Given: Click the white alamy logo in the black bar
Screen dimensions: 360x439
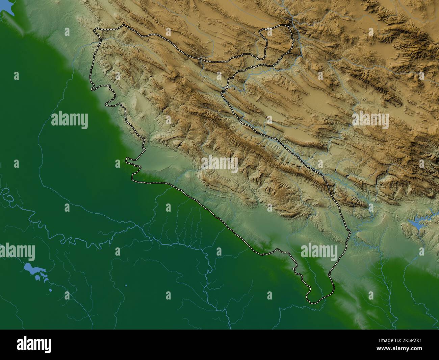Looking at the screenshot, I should [x=34, y=344].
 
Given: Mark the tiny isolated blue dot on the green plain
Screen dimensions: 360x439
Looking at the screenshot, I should [x=126, y=286].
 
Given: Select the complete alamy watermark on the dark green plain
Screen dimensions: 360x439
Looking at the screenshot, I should [x=70, y=120].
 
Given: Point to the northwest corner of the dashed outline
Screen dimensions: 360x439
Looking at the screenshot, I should [x=95, y=31].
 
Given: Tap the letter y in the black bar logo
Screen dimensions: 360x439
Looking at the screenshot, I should [x=49, y=346].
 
